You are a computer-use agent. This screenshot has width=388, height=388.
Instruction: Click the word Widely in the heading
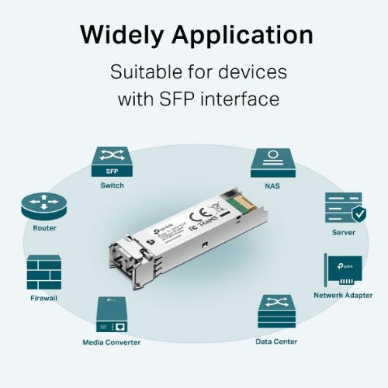122,35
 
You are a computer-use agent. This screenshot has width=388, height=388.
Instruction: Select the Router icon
44,206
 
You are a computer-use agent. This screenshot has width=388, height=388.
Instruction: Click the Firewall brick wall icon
44,272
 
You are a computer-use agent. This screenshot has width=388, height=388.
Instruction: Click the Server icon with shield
343,208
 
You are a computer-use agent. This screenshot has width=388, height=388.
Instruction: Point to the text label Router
44,228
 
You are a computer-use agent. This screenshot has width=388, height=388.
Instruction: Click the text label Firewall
44,297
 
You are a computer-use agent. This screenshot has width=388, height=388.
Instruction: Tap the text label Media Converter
112,341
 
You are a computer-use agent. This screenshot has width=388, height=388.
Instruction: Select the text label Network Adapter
342,296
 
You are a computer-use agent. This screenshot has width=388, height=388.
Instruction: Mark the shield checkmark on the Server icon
356,213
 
